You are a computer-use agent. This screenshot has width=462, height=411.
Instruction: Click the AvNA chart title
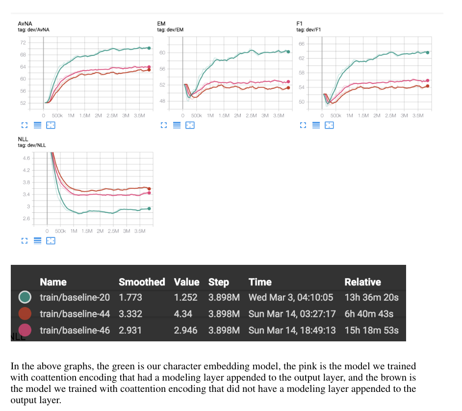tap(25, 24)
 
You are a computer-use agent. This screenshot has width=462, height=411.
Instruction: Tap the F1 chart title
tap(300, 24)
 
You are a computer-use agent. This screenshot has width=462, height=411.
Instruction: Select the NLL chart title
tap(23, 139)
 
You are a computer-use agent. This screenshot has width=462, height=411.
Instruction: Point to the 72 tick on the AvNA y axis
tap(23, 43)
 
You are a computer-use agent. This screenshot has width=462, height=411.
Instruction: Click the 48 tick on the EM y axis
tap(162, 101)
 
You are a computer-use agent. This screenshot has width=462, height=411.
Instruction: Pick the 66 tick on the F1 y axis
tap(302, 44)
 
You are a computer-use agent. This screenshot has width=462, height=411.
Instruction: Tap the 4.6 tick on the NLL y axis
tap(26, 158)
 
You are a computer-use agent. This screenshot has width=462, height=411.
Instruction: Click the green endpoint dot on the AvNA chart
tap(149, 48)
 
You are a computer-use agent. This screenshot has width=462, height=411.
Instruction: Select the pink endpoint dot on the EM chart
tap(288, 82)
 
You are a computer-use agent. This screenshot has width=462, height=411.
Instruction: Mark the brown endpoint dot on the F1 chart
tap(428, 86)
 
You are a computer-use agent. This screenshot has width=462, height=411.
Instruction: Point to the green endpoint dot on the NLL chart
tap(149, 208)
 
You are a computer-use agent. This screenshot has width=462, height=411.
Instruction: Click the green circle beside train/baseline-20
tap(25, 297)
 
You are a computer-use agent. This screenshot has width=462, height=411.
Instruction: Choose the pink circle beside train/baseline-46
tap(25, 330)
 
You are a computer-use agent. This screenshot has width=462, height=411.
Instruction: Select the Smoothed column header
tap(142, 282)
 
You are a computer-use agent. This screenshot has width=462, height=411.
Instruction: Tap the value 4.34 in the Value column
tap(183, 314)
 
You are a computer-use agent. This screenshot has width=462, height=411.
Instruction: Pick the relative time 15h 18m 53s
tap(372, 330)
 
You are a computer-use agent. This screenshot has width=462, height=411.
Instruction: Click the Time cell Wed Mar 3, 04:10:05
tap(291, 297)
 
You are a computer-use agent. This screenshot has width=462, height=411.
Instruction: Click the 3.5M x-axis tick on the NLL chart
tap(140, 231)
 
